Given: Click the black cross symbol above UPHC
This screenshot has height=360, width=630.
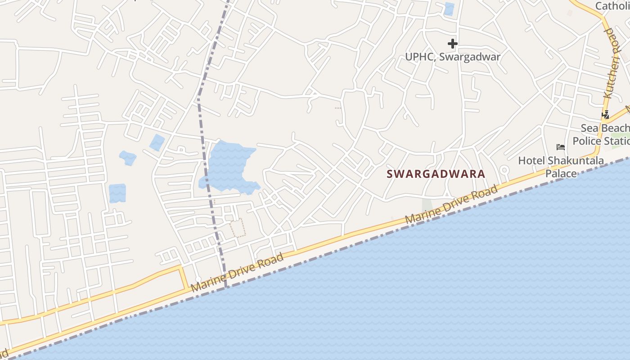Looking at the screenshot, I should click(x=453, y=44).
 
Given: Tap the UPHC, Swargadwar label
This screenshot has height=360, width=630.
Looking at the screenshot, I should click(x=453, y=57).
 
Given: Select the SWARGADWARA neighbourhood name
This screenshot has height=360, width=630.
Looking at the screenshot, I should click(x=436, y=174).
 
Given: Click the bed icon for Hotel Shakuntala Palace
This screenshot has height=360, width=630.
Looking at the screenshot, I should click(x=561, y=147).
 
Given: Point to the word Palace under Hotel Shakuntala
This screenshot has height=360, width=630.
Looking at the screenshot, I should click(x=561, y=174).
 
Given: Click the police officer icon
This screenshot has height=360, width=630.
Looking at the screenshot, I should click(x=606, y=114).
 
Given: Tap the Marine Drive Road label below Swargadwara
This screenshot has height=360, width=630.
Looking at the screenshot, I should click(x=451, y=205).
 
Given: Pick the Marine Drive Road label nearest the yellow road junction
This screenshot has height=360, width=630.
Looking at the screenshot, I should click(x=237, y=273).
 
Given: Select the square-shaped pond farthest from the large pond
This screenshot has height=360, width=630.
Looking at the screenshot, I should click(x=117, y=193).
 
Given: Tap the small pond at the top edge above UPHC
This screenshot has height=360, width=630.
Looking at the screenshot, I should click(x=449, y=9).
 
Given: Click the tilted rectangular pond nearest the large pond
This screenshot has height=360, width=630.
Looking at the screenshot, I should click(x=157, y=142).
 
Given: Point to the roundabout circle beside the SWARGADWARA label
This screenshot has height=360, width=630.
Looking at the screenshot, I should click(x=504, y=170).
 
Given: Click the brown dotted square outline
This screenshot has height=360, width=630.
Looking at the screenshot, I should click(x=238, y=228).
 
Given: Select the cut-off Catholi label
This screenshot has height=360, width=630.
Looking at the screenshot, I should click(x=612, y=6).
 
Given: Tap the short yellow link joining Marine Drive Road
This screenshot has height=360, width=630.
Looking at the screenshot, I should click(x=184, y=277).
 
